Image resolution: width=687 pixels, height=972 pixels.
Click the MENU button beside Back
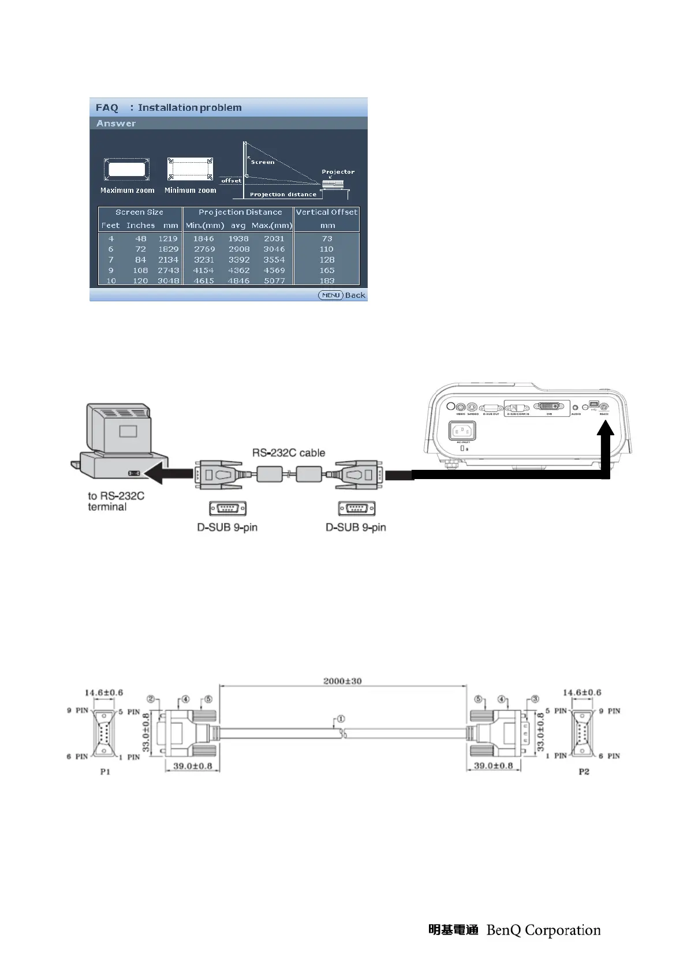(x=331, y=295)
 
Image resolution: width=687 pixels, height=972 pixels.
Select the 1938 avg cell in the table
(x=238, y=238)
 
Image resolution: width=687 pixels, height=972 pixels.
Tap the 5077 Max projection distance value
(x=274, y=281)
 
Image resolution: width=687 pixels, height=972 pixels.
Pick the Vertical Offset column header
(x=327, y=212)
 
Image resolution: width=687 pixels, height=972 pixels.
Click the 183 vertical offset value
(x=327, y=281)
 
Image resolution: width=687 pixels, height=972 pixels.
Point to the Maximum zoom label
(x=127, y=190)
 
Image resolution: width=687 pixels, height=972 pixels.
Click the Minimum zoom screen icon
(x=190, y=169)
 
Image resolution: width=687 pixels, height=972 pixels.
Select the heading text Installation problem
(x=189, y=107)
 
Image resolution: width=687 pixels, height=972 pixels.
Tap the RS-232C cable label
(x=288, y=453)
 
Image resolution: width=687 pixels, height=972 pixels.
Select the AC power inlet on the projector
(x=462, y=431)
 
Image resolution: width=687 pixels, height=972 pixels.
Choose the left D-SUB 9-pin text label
(x=227, y=528)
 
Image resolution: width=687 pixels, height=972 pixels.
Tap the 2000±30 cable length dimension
(x=342, y=681)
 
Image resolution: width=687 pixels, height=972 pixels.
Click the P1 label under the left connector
(x=105, y=772)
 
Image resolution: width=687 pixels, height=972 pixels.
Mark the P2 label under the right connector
(x=584, y=772)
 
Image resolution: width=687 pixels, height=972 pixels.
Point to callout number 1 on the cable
(x=341, y=719)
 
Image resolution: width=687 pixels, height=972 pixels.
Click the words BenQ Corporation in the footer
(x=543, y=930)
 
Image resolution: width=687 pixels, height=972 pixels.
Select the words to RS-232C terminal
(x=115, y=501)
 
